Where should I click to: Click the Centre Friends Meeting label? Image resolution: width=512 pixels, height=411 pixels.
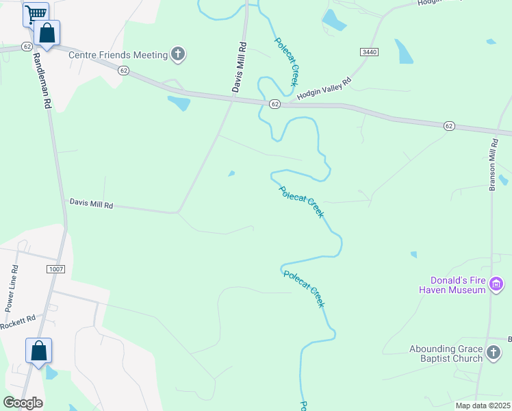tap(118, 55)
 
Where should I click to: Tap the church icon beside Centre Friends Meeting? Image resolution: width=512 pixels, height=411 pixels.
tap(178, 54)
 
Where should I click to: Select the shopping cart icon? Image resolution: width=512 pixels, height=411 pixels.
tap(35, 13)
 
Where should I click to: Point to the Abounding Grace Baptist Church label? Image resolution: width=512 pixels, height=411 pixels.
tap(446, 353)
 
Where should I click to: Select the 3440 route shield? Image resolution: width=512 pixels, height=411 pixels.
tap(368, 52)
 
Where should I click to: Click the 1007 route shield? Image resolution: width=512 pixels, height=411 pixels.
tap(56, 269)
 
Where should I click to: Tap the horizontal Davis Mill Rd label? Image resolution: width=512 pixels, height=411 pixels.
tap(91, 203)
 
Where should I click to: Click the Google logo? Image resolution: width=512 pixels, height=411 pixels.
tap(23, 402)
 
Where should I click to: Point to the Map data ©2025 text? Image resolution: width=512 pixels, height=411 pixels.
tap(483, 406)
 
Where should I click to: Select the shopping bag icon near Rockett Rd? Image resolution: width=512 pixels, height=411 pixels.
tap(39, 350)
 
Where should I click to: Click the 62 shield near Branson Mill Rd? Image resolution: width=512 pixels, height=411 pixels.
tap(449, 126)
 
